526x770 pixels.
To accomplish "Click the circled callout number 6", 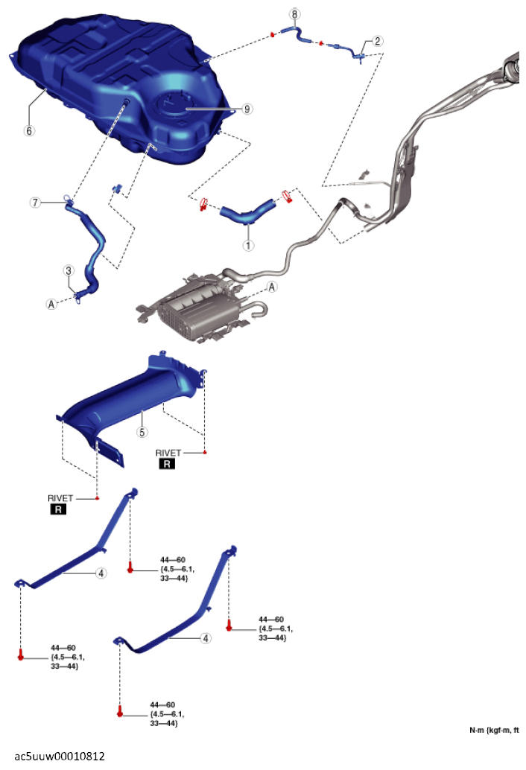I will click(x=30, y=130).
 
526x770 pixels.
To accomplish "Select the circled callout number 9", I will click(x=247, y=109).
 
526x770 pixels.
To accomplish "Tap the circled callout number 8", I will click(x=294, y=14).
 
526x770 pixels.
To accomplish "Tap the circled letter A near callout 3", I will click(x=51, y=304).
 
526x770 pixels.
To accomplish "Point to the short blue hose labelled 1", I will click(x=244, y=214).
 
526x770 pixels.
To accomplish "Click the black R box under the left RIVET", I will click(x=57, y=510).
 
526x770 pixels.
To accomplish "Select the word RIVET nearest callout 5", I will click(x=168, y=452).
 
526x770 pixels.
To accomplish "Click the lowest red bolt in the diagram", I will click(x=119, y=713).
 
